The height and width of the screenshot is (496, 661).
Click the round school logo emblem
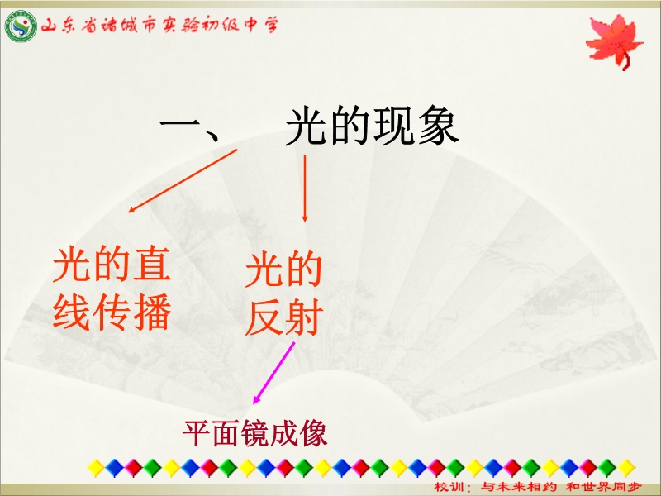[21, 26]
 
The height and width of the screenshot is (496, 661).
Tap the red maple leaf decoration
[614, 41]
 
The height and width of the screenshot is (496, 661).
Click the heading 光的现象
[372, 126]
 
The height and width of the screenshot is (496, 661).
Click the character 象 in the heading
[438, 126]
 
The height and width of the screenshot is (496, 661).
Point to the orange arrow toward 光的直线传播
[183, 180]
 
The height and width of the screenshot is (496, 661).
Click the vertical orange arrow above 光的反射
[305, 188]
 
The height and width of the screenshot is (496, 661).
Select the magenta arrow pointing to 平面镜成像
[273, 373]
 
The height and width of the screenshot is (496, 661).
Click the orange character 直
[152, 265]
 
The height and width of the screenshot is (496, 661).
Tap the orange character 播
[152, 312]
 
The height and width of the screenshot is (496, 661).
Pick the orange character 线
[71, 312]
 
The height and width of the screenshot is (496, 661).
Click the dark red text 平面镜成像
[254, 433]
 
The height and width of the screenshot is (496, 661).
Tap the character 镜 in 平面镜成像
[254, 433]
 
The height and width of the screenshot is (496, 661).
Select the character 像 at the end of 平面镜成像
[313, 433]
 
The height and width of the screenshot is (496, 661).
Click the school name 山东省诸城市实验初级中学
[159, 26]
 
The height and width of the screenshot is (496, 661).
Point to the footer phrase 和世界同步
[603, 487]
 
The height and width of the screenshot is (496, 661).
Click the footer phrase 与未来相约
[519, 487]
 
